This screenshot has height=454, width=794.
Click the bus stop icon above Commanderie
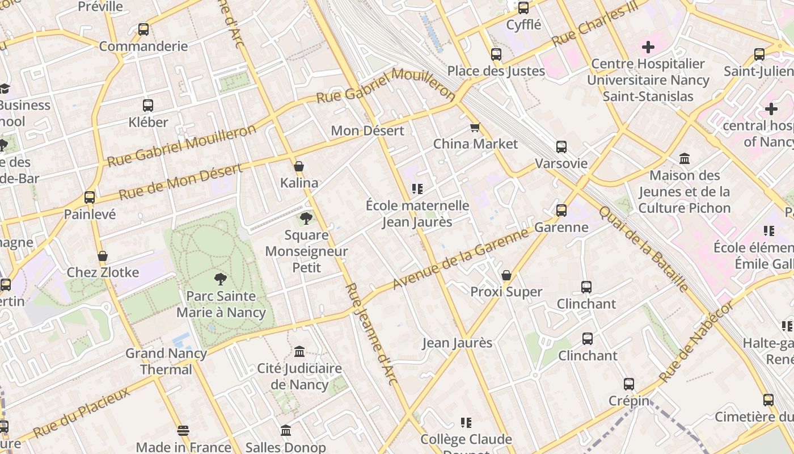point(143,29)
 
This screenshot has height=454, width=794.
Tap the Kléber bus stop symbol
point(148,105)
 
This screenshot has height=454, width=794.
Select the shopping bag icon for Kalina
point(299,166)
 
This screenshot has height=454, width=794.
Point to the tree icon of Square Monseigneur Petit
point(306,218)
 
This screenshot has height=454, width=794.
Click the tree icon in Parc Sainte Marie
point(221,279)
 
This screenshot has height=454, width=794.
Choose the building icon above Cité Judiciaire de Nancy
point(299,351)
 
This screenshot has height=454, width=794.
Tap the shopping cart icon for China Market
point(475,127)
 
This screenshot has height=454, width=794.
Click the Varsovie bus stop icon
point(561,147)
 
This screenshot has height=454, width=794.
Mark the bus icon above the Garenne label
point(561,211)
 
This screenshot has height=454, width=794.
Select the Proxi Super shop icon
point(506,275)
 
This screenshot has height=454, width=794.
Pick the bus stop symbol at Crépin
point(629,384)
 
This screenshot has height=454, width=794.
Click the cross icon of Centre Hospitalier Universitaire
point(648,47)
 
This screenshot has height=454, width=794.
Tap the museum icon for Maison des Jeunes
point(685,158)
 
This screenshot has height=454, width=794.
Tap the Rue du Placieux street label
point(81,413)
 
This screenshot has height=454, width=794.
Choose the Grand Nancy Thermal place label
point(166,361)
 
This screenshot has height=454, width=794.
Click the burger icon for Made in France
point(183,430)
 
